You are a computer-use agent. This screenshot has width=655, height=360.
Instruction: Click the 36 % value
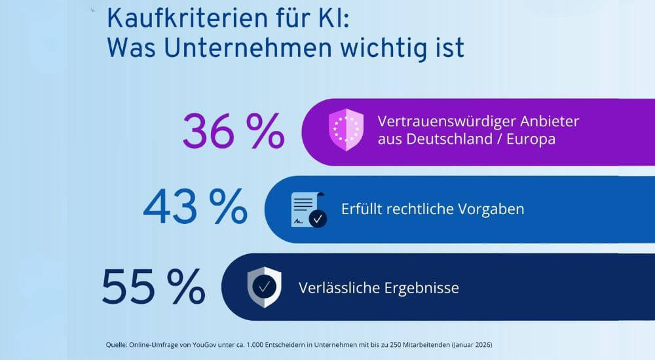click(233, 132)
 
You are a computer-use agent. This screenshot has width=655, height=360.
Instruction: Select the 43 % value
click(195, 208)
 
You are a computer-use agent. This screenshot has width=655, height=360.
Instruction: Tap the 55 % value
click(153, 287)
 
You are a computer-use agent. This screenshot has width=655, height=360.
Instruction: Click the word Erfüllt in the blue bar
click(362, 209)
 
